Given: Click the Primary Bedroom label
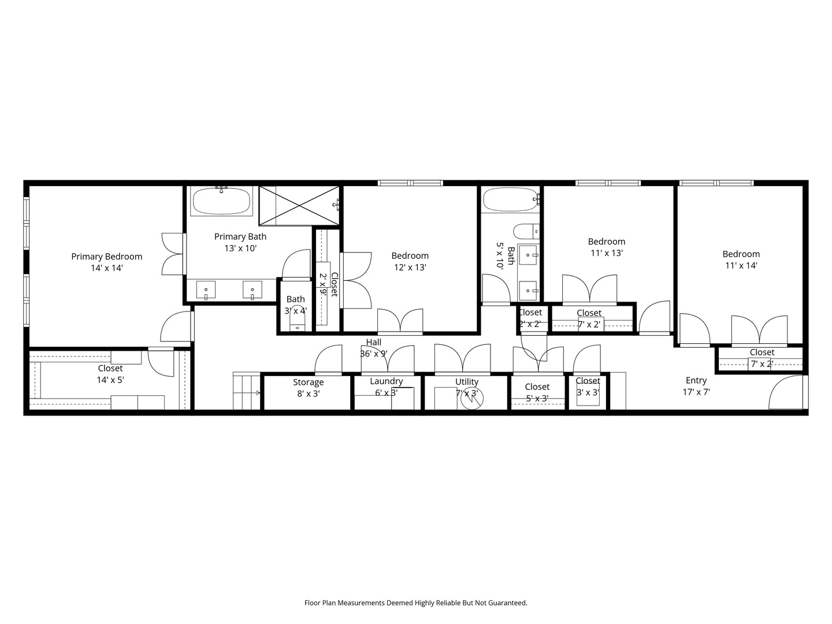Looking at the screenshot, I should pyautogui.click(x=106, y=257).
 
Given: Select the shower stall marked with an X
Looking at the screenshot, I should pyautogui.click(x=299, y=205).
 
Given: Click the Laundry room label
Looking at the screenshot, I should pyautogui.click(x=386, y=381).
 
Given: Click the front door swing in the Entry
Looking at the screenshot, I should pyautogui.click(x=788, y=393).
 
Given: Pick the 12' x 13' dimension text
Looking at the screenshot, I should pyautogui.click(x=410, y=268).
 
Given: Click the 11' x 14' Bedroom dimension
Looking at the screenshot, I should pyautogui.click(x=741, y=266).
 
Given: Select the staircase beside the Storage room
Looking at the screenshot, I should pyautogui.click(x=247, y=392).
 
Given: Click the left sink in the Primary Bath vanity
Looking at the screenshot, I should pyautogui.click(x=206, y=289).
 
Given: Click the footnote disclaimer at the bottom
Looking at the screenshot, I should pyautogui.click(x=415, y=603).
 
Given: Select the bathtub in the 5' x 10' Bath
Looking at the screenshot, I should pyautogui.click(x=510, y=200).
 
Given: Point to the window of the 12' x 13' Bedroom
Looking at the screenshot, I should pyautogui.click(x=410, y=183).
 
